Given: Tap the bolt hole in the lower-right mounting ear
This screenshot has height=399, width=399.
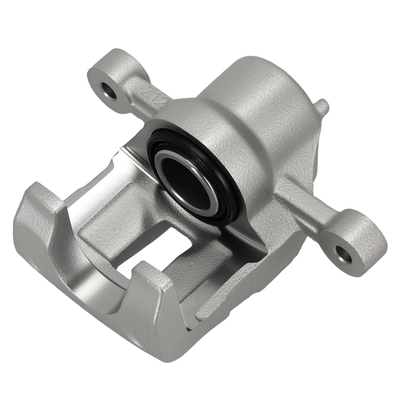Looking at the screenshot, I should (x=344, y=254).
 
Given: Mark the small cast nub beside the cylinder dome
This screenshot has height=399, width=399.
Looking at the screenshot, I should (x=322, y=107).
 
